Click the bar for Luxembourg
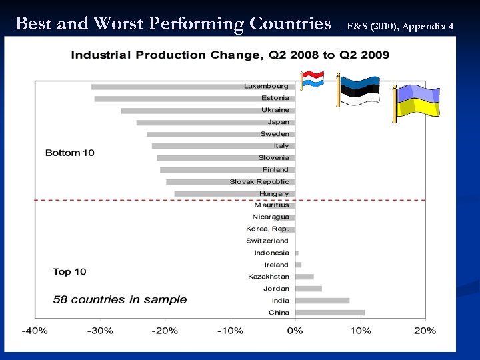coord(193,87)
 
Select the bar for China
coord(330,312)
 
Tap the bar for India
coord(322,301)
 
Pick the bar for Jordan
coord(308,289)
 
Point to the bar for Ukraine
coord(208,111)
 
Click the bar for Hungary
coord(235,194)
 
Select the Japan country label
coord(278,122)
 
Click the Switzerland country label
coord(267,241)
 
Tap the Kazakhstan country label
coord(269,277)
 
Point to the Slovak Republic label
coord(259,182)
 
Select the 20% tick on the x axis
coord(425,331)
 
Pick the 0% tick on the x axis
coord(295,331)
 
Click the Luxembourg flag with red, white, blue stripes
coord(311,81)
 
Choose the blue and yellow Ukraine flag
coord(417,101)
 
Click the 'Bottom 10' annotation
coord(70,153)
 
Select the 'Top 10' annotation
coord(70,272)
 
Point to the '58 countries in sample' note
coord(120,300)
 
